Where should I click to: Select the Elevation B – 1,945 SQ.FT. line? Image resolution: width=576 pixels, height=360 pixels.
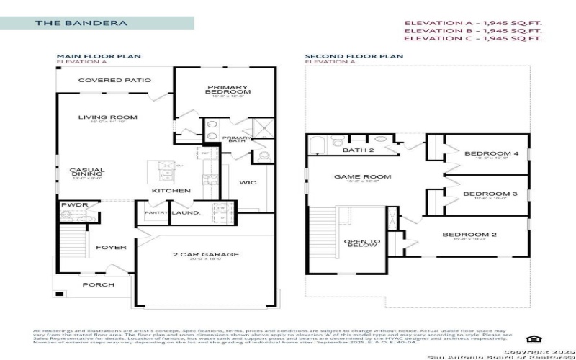tap(472, 31)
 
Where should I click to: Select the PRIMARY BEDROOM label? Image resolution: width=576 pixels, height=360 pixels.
tap(228, 89)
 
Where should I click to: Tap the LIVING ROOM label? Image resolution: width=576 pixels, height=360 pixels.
tap(107, 117)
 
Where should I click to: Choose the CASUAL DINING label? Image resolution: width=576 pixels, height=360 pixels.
tap(87, 173)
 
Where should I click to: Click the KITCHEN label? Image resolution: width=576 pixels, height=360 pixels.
tap(171, 191)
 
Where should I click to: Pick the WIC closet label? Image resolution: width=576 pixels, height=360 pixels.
tap(248, 183)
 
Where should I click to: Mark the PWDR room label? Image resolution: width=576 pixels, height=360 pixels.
tap(74, 205)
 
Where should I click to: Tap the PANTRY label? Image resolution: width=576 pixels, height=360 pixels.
tap(156, 213)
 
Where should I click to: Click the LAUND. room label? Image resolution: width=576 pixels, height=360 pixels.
tap(185, 213)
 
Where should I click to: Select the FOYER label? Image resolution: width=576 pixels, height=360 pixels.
tap(111, 248)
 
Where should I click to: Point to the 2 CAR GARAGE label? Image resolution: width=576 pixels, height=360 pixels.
tap(206, 254)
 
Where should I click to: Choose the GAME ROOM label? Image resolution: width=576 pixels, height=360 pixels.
tap(352, 176)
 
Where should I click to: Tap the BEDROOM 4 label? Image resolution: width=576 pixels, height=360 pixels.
tap(481, 153)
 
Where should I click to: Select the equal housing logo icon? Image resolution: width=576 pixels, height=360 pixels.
tap(532, 339)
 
